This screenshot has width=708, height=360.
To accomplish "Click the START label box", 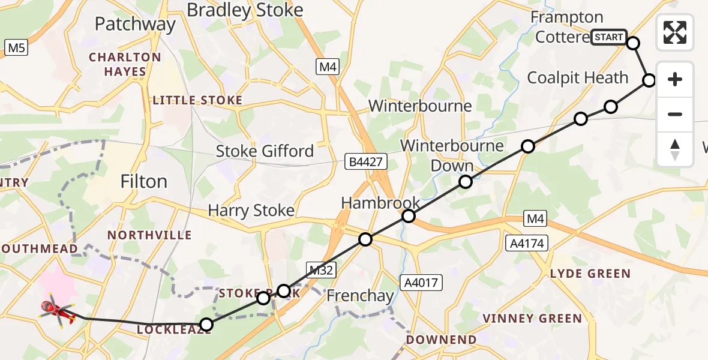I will [x=608, y=37].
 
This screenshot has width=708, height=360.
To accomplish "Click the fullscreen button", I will [x=675, y=32].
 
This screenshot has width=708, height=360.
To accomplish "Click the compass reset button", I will [x=675, y=149].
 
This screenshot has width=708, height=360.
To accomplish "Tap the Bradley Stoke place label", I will [x=245, y=10].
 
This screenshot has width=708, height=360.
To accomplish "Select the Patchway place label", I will [x=135, y=25].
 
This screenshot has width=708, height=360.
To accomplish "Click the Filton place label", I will [x=144, y=181].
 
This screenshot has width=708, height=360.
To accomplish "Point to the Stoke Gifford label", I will [x=265, y=151].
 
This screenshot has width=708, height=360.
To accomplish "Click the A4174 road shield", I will [x=527, y=242].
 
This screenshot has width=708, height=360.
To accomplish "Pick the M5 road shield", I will [x=16, y=47].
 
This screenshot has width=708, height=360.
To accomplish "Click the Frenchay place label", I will [x=360, y=296].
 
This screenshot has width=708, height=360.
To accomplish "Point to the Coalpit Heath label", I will [x=577, y=78].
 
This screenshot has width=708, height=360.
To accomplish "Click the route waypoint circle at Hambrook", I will [x=409, y=216].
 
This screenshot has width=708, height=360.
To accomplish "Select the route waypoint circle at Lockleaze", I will [x=206, y=325].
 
